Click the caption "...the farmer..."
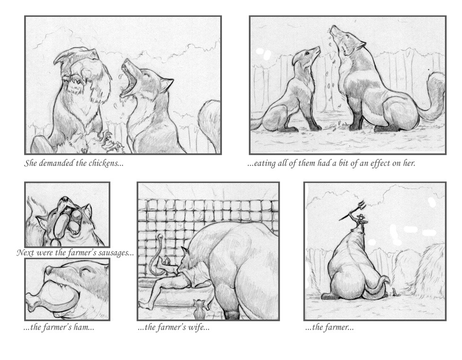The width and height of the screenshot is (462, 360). (x=329, y=327)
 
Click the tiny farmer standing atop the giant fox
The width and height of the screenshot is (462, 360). (x=360, y=220)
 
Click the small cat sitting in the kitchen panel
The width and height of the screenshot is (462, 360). (x=200, y=309)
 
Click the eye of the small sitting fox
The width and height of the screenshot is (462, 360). (x=306, y=53)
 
